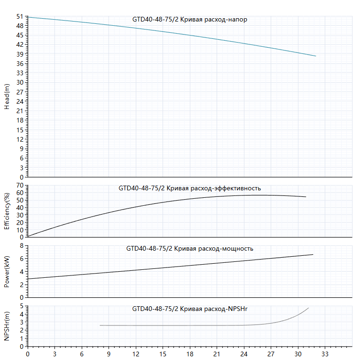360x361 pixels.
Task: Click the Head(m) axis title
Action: tap(7, 97)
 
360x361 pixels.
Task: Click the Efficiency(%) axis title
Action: tap(7, 211)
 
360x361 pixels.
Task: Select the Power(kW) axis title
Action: tap(7, 272)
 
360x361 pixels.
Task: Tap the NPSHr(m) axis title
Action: tap(7, 326)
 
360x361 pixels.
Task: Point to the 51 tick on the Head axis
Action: tap(20, 16)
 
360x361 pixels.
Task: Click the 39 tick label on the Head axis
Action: tap(20, 54)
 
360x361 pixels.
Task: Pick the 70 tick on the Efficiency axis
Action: tap(20, 185)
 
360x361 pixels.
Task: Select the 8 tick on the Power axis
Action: tap(22, 245)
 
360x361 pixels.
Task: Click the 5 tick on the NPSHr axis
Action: tap(22, 306)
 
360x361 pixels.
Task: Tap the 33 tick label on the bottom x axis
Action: tap(325, 354)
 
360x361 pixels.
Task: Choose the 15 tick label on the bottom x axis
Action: tap(163, 354)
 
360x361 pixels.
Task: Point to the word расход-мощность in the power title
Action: tap(226, 249)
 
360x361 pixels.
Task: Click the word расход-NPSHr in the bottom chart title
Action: tap(226, 309)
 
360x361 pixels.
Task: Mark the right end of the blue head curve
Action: tap(316, 56)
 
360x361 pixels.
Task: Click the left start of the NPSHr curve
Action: tap(100, 325)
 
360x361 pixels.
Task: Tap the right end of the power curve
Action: tap(313, 254)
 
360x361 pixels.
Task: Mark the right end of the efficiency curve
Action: tap(306, 196)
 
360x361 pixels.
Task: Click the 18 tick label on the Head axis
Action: tap(20, 120)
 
